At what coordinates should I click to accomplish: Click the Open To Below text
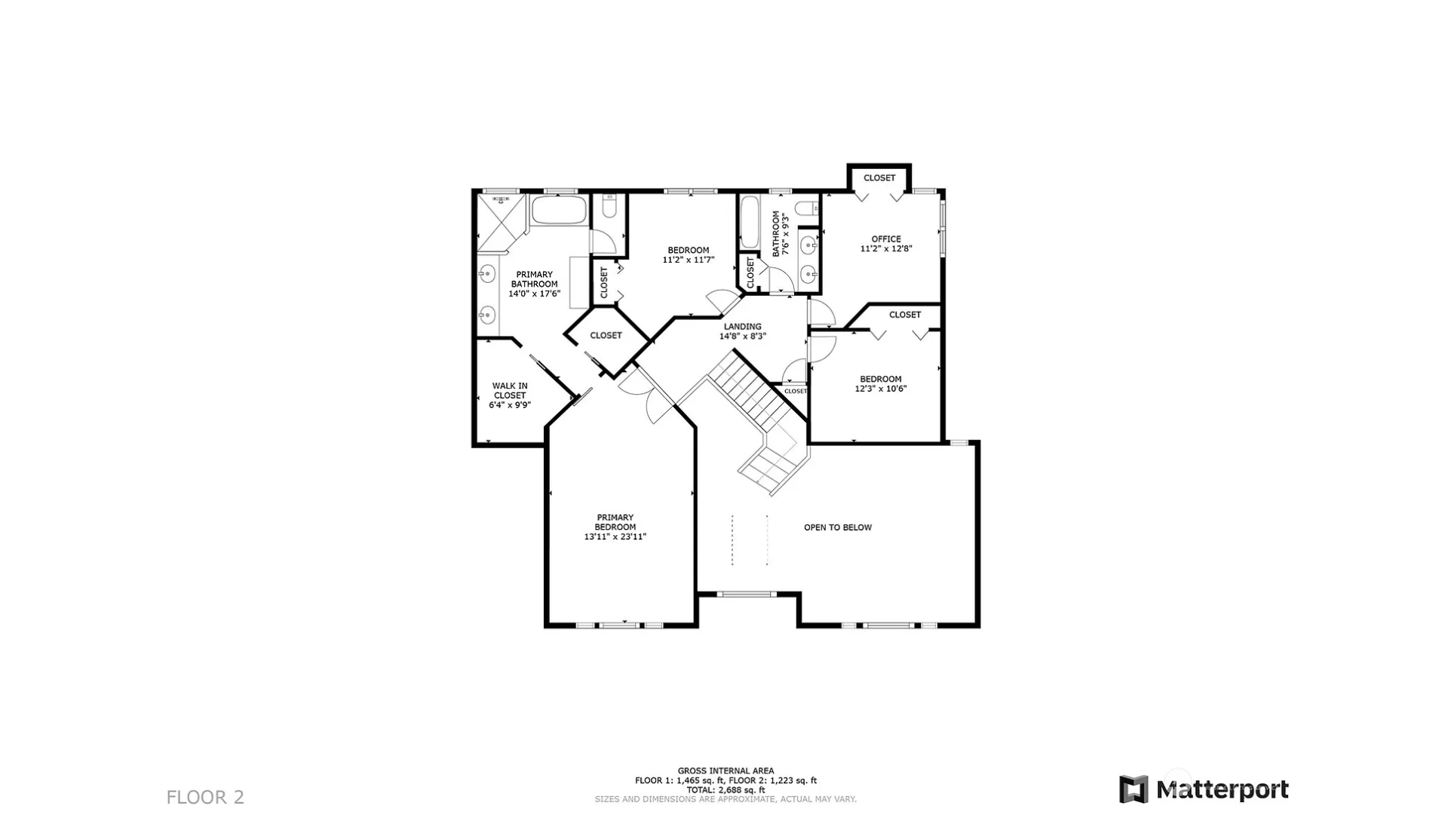(x=838, y=527)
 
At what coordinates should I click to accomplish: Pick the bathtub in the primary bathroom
(x=559, y=210)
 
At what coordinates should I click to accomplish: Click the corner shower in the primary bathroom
(x=501, y=223)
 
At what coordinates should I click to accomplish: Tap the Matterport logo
(x=1204, y=789)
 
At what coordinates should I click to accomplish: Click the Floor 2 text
(x=205, y=797)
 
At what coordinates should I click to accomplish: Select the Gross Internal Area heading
(x=726, y=771)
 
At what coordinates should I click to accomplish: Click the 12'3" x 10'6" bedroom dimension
(x=881, y=389)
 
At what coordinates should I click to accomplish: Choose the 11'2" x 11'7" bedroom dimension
(x=689, y=260)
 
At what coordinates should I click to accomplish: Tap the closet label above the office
(x=879, y=178)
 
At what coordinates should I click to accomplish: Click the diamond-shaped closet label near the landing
(x=606, y=335)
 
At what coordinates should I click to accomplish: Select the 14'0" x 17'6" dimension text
(x=534, y=294)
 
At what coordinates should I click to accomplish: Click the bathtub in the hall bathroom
(x=750, y=222)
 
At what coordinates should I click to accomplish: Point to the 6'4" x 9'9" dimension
(x=510, y=405)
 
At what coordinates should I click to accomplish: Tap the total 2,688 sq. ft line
(x=726, y=790)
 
